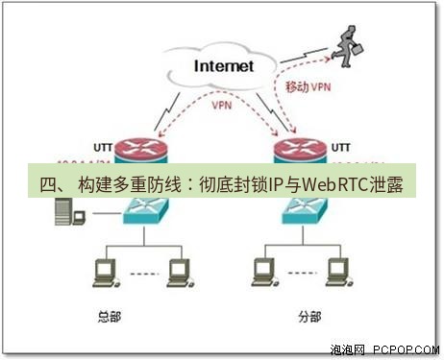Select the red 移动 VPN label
(x=308, y=87)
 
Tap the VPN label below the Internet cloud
(x=222, y=108)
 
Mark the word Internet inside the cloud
(x=223, y=66)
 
